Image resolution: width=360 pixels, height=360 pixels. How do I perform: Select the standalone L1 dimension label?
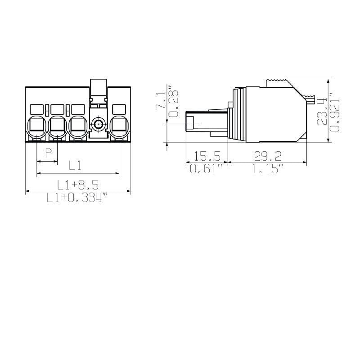click(x=75, y=165)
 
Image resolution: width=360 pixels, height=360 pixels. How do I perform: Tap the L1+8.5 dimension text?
click(x=77, y=184)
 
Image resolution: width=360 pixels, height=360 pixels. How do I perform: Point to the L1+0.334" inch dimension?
click(x=78, y=198)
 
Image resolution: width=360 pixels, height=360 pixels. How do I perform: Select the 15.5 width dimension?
click(x=207, y=156)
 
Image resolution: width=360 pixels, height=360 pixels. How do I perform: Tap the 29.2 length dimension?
click(x=267, y=156)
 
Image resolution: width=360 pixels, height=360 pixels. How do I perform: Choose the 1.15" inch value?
click(x=267, y=169)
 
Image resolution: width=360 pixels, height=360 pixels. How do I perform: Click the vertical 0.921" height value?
click(x=334, y=112)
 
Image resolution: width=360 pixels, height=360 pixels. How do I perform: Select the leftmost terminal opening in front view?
click(x=36, y=126)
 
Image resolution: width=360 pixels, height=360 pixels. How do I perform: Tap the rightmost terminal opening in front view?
click(x=119, y=126)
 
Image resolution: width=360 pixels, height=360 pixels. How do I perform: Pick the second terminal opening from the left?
click(x=57, y=126)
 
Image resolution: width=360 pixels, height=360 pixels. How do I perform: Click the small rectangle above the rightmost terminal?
click(x=119, y=109)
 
